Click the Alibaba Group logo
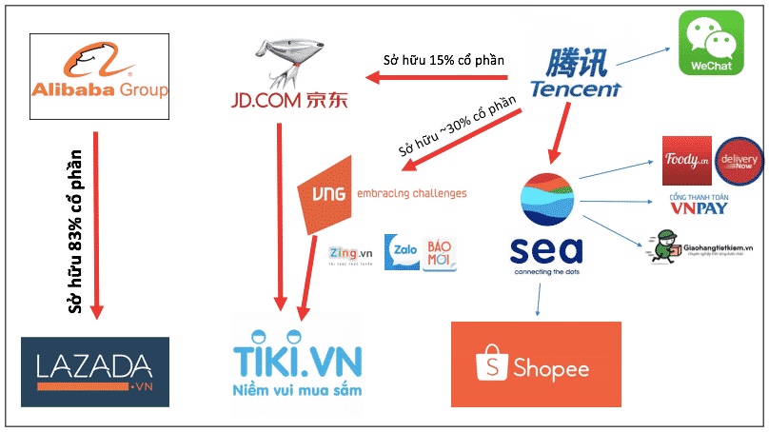click(99, 76)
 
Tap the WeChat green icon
click(708, 43)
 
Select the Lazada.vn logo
click(95, 372)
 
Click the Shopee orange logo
click(535, 366)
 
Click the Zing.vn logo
click(349, 254)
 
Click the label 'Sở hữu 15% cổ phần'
click(443, 60)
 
